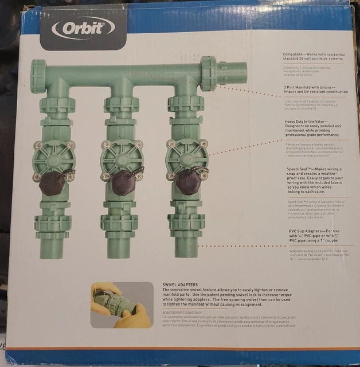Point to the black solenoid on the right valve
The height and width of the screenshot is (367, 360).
[187, 182]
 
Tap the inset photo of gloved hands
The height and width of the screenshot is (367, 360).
[121, 304]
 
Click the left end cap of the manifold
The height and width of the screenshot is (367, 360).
[38, 76]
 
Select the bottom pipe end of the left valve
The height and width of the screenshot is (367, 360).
[53, 246]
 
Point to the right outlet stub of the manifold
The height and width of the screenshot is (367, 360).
[232, 73]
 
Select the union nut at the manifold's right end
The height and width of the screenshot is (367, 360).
[209, 73]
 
